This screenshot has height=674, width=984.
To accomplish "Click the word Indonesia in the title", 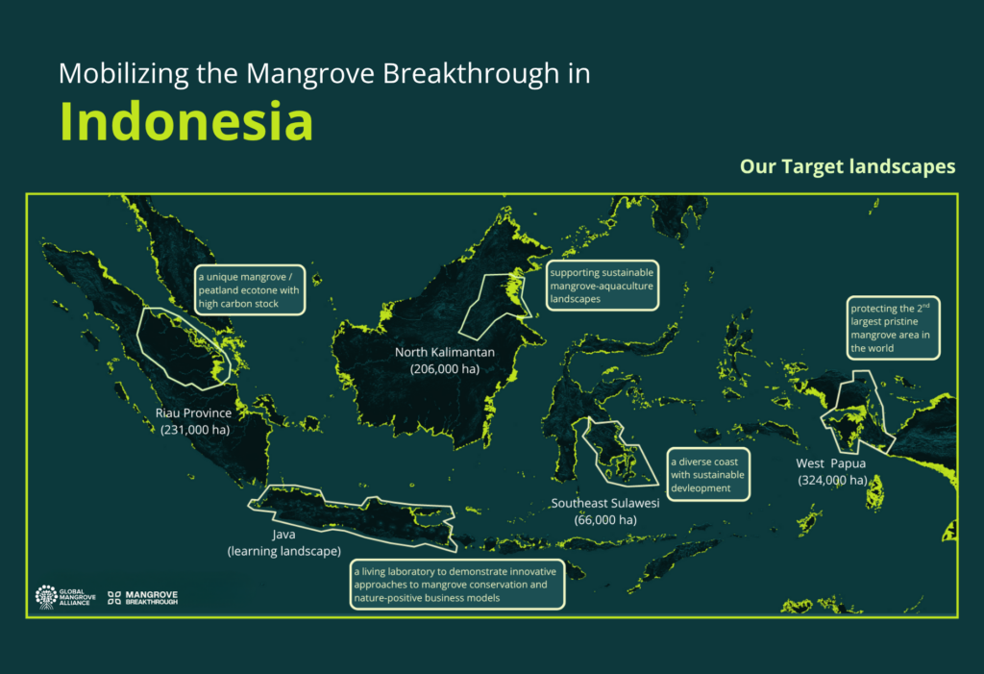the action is (x=185, y=121).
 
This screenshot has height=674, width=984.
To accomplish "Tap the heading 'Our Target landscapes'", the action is (x=848, y=166).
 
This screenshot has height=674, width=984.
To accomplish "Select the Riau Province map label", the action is (x=193, y=412).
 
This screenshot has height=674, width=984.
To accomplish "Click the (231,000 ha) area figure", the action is (x=195, y=430).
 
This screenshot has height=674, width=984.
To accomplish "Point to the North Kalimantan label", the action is (x=444, y=353).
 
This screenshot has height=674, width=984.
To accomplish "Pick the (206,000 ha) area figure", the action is (x=445, y=369).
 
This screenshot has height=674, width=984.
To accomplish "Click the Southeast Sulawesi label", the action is (x=605, y=503).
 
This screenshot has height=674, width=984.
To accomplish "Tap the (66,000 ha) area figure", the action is (x=605, y=520).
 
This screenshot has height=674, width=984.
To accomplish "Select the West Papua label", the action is (x=831, y=463).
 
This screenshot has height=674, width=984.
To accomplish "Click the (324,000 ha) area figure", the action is (x=833, y=481).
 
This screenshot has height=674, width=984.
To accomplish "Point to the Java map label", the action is (x=283, y=535).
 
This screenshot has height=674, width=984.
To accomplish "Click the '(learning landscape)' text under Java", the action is (x=284, y=552).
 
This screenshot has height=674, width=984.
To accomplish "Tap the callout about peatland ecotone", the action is (x=250, y=289).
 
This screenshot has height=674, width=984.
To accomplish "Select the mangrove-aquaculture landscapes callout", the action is (x=602, y=286).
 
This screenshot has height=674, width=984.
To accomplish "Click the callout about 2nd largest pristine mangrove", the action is (x=893, y=328).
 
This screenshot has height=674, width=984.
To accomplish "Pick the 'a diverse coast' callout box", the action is (x=708, y=474).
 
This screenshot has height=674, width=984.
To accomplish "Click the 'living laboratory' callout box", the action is (x=456, y=585).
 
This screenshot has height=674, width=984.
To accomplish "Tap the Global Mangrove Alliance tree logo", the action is (x=46, y=597).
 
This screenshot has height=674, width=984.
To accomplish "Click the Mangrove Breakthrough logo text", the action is (x=152, y=597).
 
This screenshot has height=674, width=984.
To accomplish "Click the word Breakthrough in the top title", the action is (x=471, y=73).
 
